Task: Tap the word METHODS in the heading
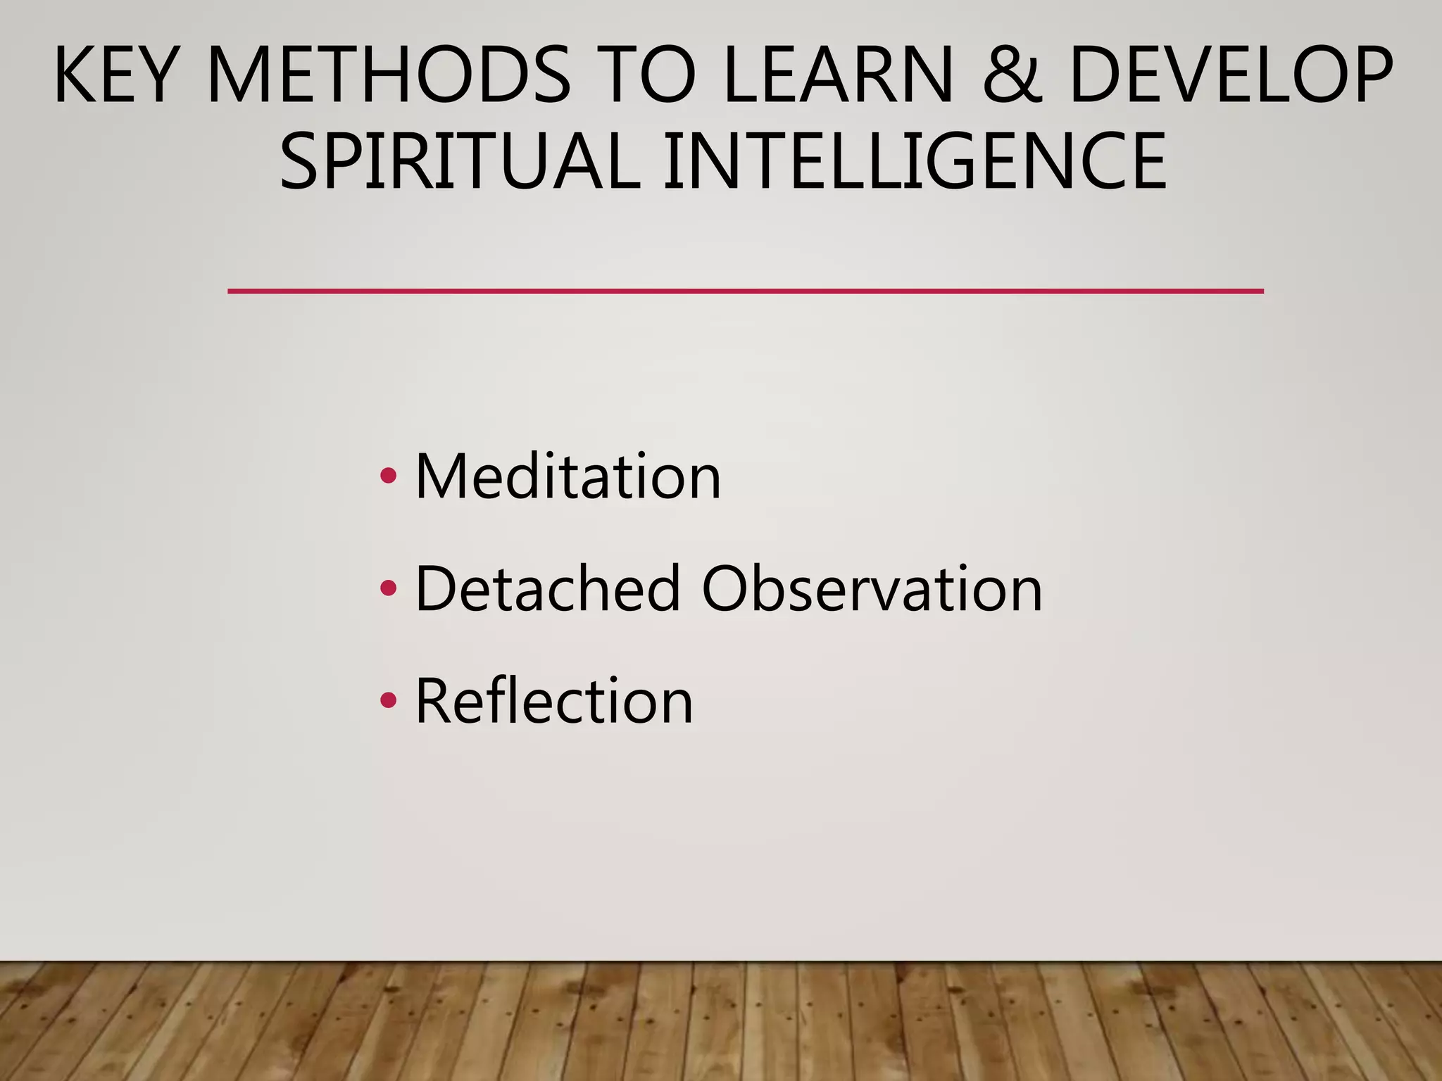[389, 75]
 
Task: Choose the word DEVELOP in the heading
[1229, 75]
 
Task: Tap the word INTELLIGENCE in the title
[915, 161]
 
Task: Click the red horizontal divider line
[745, 291]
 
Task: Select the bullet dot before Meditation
[388, 476]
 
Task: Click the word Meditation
[568, 476]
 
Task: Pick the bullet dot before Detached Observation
[388, 588]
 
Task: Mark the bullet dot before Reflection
[388, 700]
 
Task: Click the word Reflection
[554, 700]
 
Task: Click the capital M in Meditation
[441, 476]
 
